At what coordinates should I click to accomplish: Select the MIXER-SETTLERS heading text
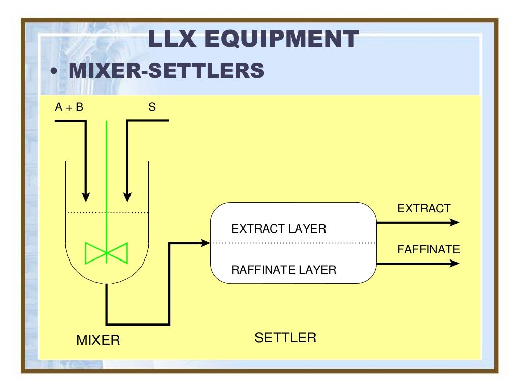click(166, 71)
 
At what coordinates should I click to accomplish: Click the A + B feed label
click(69, 108)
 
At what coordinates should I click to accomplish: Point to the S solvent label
click(152, 108)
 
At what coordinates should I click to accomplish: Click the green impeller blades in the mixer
click(106, 253)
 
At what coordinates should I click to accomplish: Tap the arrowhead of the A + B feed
click(86, 196)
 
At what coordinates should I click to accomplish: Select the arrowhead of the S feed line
click(127, 196)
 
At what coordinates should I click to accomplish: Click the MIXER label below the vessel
click(98, 340)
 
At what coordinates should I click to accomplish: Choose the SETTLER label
click(285, 338)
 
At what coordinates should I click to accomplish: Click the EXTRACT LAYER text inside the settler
click(278, 229)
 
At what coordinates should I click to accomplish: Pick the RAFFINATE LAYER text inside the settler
click(283, 270)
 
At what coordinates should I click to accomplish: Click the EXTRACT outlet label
click(424, 208)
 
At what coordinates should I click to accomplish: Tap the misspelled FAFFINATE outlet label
click(428, 249)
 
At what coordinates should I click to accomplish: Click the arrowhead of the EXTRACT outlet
click(454, 222)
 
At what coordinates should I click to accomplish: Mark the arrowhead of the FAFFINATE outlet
click(454, 263)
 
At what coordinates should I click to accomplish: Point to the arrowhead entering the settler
click(206, 243)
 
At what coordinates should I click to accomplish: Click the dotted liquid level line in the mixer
click(107, 212)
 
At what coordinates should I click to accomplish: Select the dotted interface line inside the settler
click(293, 243)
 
